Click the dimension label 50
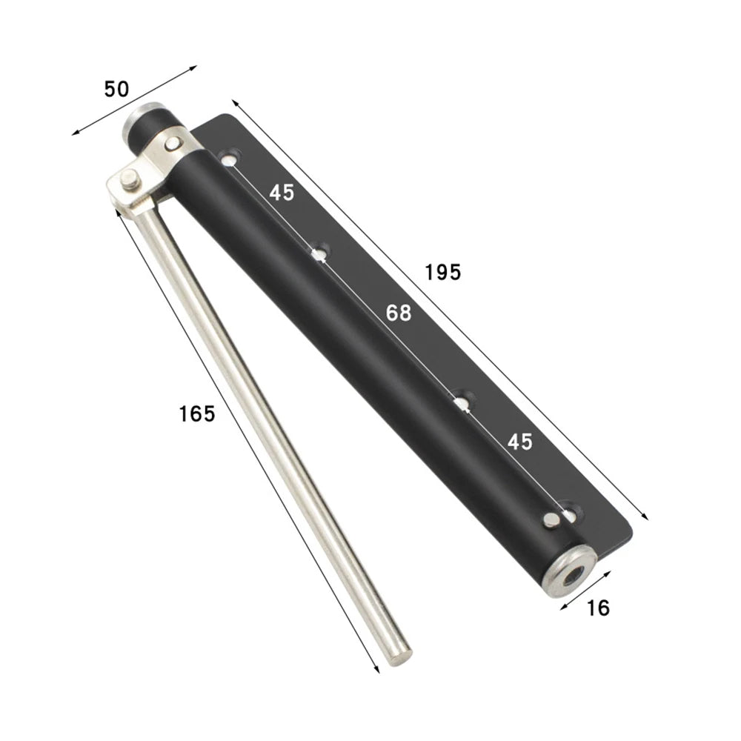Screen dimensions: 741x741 click(x=116, y=89)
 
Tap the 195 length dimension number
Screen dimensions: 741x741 click(x=443, y=272)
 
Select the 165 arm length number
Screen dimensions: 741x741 click(x=196, y=413)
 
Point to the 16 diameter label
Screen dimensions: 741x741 click(x=597, y=608)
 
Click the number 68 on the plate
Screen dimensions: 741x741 click(x=398, y=313)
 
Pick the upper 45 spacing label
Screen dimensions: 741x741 click(x=282, y=193)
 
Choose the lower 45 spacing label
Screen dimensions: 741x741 click(x=519, y=442)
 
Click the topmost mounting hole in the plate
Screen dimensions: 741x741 click(x=230, y=157)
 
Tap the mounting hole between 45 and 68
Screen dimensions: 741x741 click(x=319, y=254)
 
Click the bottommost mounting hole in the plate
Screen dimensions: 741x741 click(x=570, y=511)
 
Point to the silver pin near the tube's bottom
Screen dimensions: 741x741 click(x=550, y=520)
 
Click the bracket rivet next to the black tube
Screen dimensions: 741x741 click(x=173, y=144)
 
